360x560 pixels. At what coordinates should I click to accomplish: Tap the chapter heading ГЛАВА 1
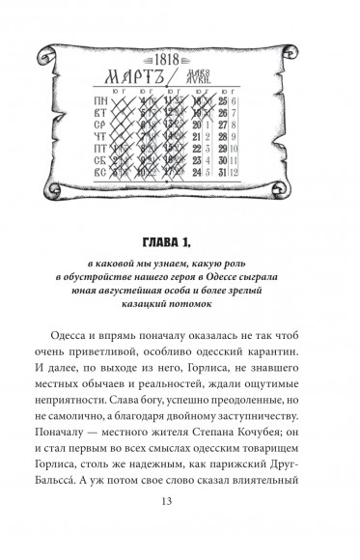point(180,239)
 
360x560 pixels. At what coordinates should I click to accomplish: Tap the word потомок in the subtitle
point(213,306)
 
